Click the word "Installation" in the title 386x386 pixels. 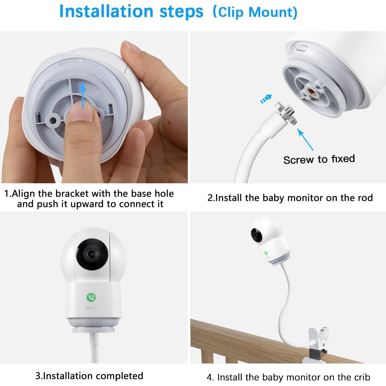pyautogui.click(x=106, y=12)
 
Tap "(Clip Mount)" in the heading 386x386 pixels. pyautogui.click(x=254, y=12)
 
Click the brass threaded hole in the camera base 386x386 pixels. pyautogui.click(x=311, y=91)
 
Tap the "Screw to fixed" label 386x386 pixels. pyautogui.click(x=319, y=159)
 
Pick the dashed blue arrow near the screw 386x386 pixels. pyautogui.click(x=266, y=99)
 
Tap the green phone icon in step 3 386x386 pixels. pyautogui.click(x=91, y=297)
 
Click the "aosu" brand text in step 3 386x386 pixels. pyautogui.click(x=91, y=308)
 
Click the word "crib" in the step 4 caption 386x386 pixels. pyautogui.click(x=362, y=377)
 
